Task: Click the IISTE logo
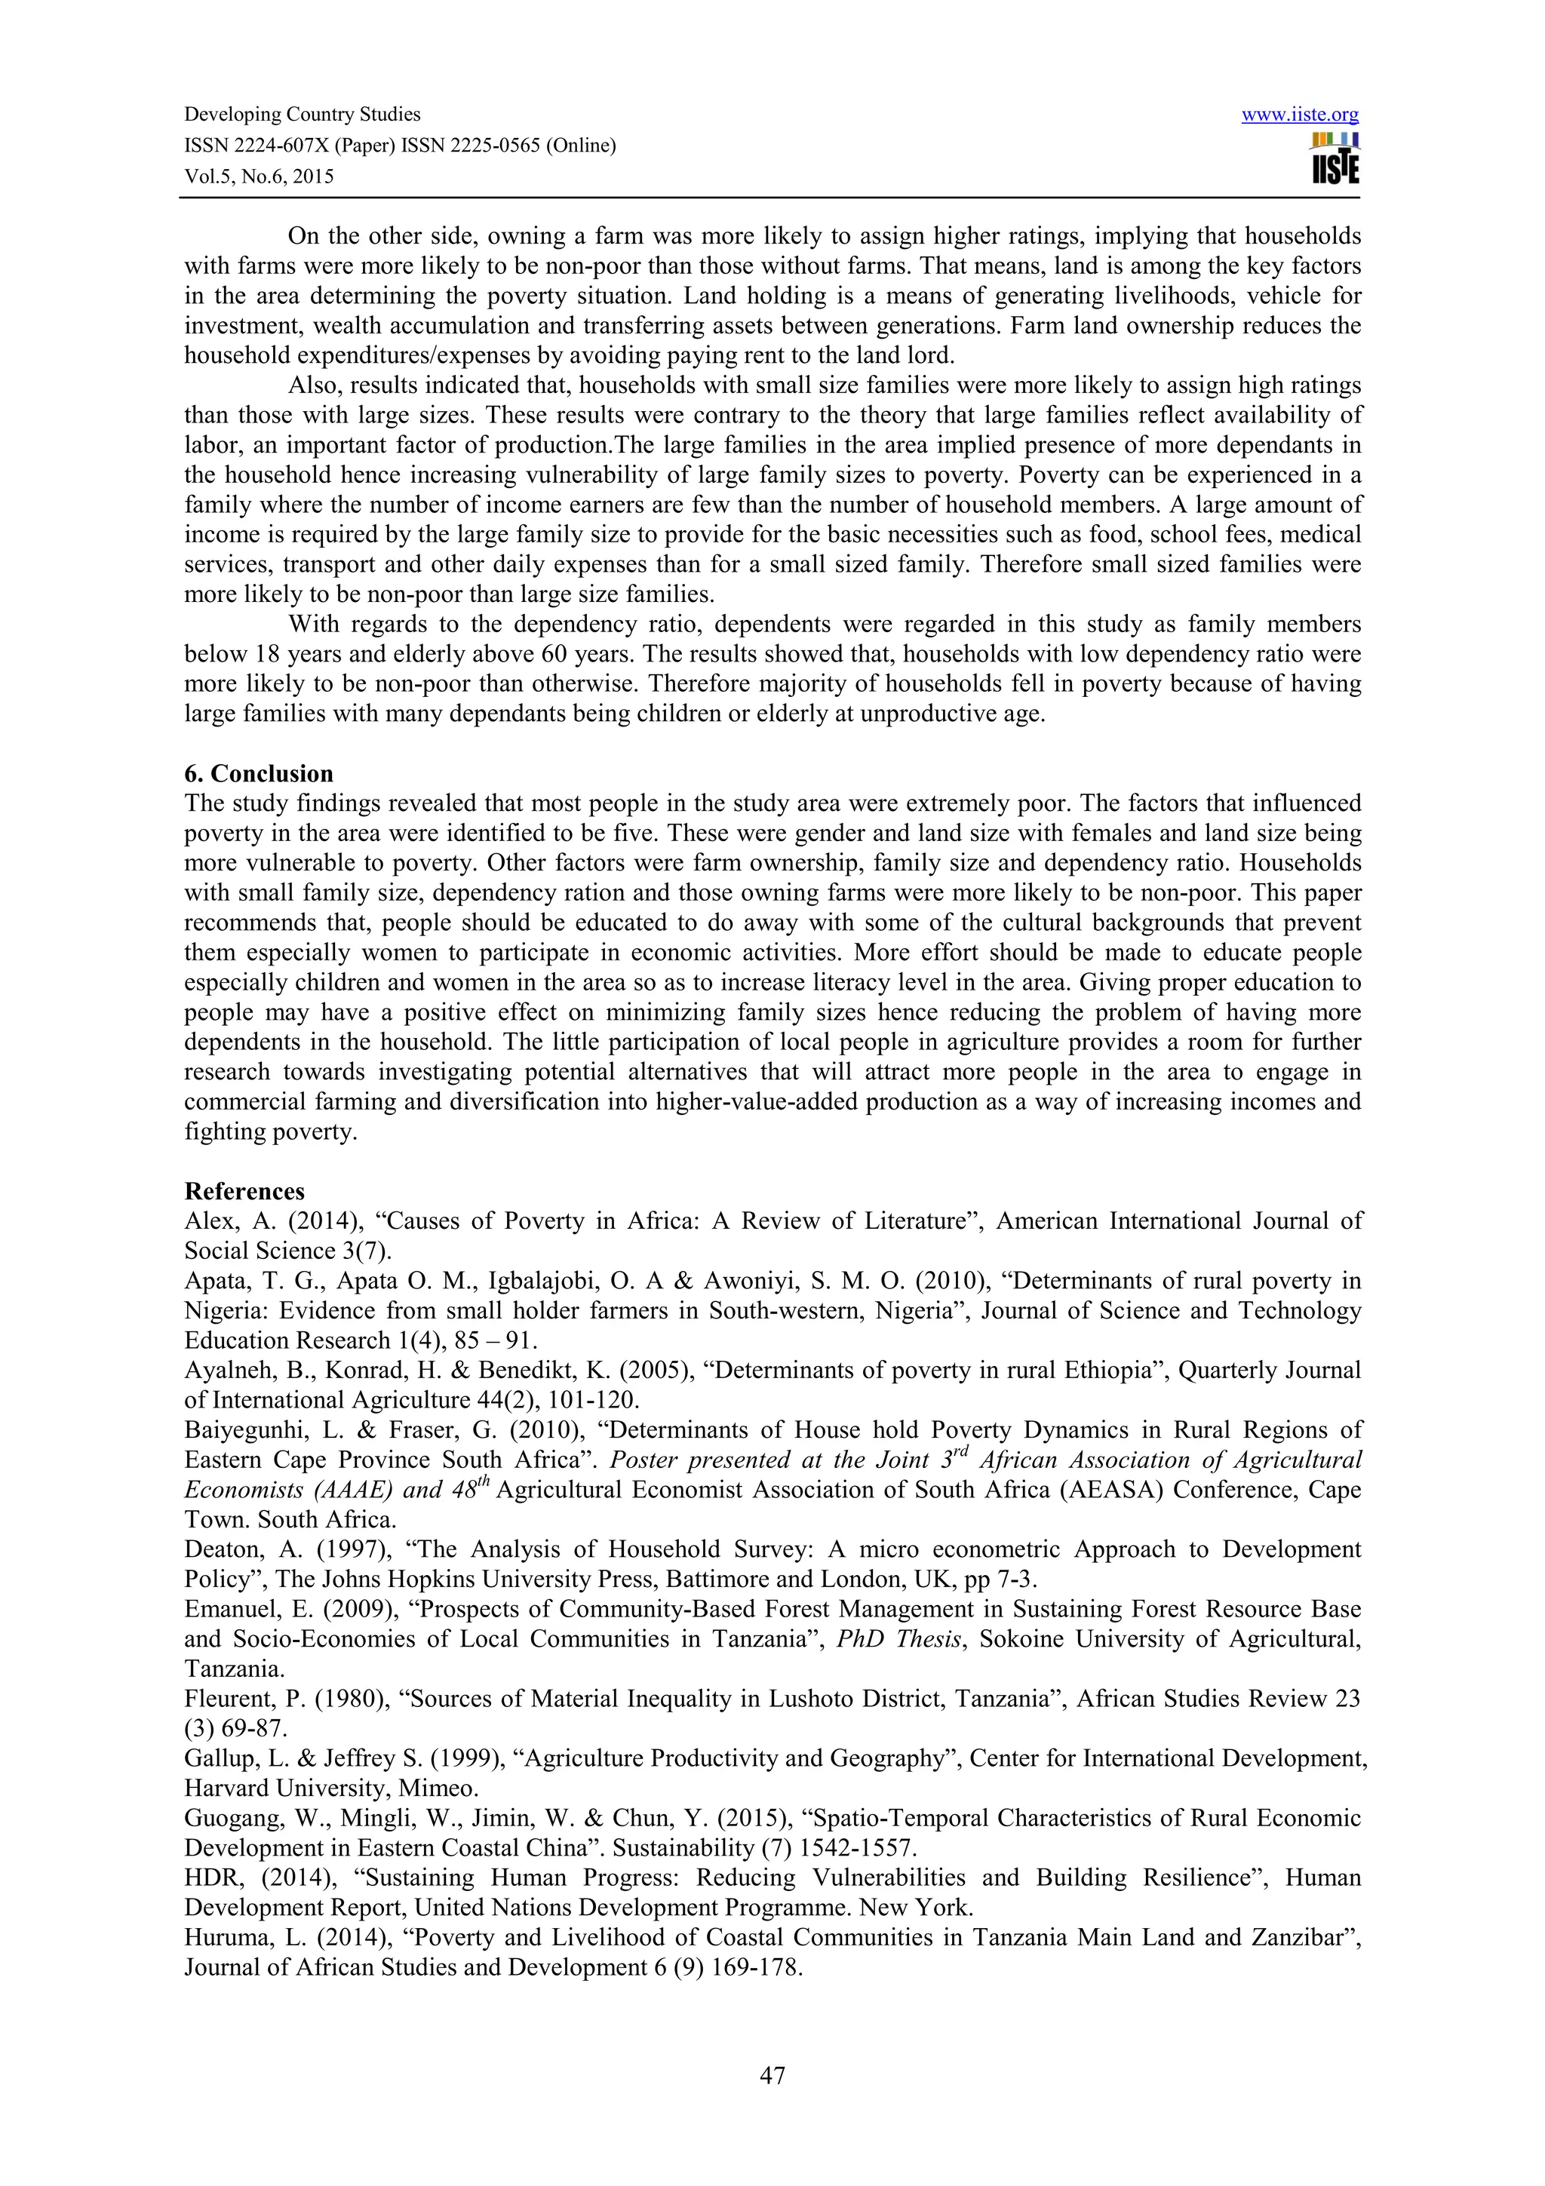(1335, 159)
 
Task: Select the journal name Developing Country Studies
(302, 115)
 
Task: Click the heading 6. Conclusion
(258, 773)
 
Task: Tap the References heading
(244, 1192)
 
